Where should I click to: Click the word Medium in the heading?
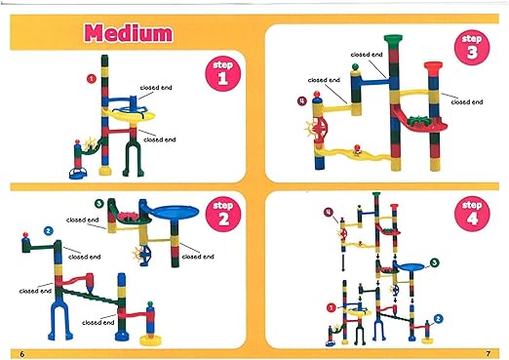click(129, 32)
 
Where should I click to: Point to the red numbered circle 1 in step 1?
click(90, 77)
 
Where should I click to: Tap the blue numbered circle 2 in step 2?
click(48, 232)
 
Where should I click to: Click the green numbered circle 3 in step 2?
click(99, 203)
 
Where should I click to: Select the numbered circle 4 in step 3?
click(301, 100)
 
